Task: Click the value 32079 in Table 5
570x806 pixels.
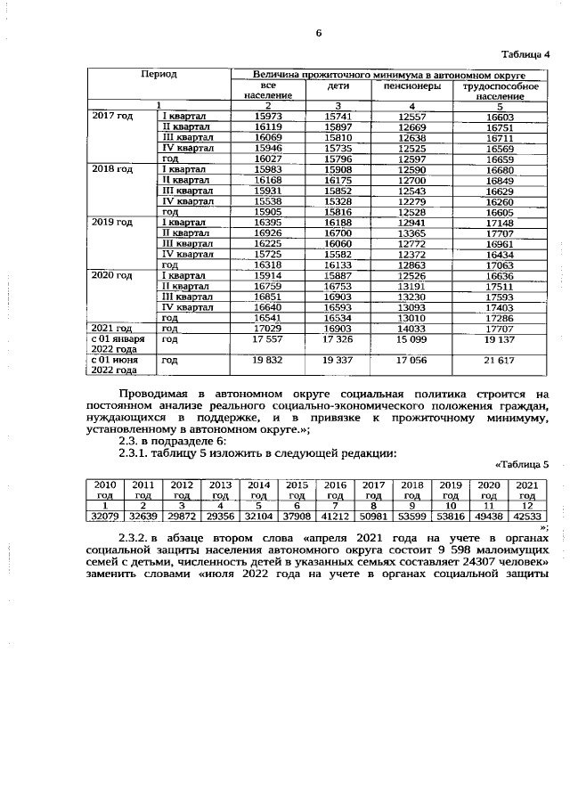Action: [105, 516]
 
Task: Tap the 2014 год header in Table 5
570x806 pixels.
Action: [258, 489]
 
